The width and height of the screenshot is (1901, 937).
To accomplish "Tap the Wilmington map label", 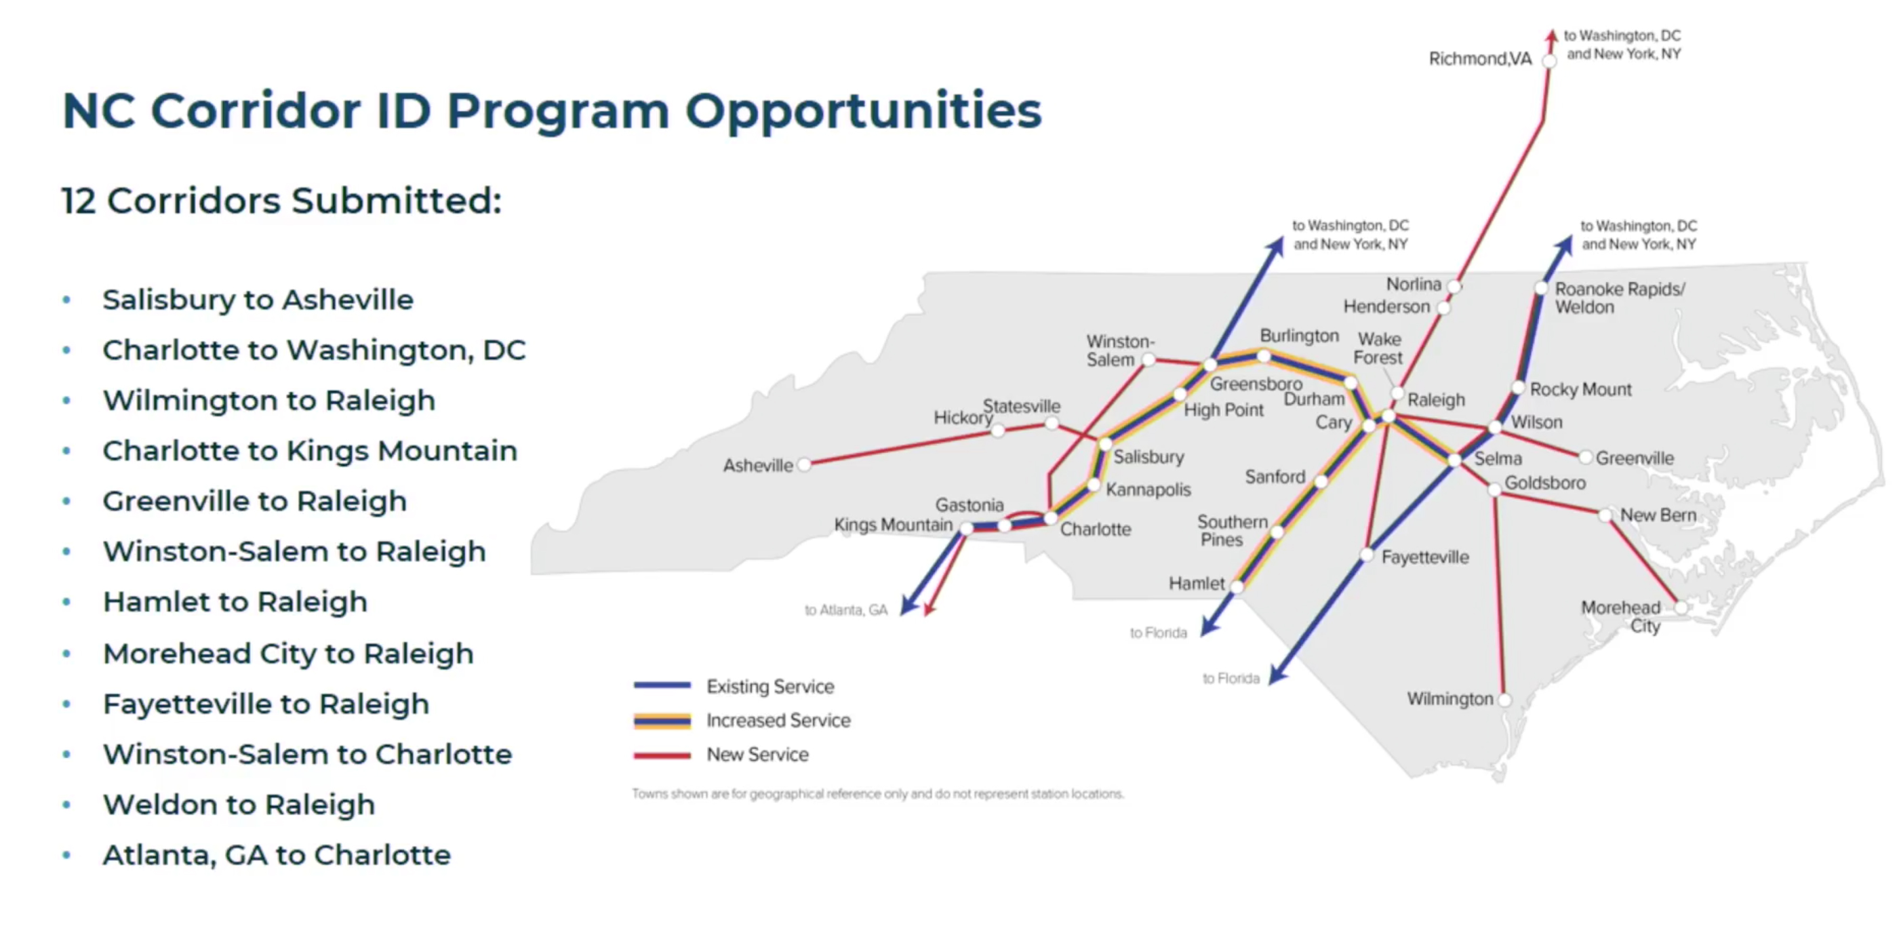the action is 1449,699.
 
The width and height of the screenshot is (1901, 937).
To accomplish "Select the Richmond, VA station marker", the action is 1549,61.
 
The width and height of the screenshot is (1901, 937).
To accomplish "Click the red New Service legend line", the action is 662,755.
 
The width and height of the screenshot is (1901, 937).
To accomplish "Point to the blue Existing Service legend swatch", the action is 662,685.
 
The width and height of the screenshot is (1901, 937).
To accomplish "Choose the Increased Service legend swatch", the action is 662,720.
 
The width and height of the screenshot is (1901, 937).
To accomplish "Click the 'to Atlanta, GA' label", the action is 845,610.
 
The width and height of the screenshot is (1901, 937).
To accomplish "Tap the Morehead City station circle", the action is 1681,607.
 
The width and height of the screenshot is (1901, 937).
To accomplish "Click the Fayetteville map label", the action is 1425,557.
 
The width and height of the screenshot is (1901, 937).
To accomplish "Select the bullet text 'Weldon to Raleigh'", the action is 239,804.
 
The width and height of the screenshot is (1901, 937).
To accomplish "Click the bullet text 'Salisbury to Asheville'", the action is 258,300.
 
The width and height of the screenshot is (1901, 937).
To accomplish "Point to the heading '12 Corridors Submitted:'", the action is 282,201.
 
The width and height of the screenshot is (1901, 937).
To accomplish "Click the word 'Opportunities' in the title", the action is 864,111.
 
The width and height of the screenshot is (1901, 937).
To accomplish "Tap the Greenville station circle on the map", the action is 1584,458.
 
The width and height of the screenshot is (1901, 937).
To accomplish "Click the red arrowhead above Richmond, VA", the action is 1552,35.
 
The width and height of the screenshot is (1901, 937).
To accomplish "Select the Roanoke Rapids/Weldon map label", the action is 1620,298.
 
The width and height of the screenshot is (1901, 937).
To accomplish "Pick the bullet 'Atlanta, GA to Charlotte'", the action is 277,854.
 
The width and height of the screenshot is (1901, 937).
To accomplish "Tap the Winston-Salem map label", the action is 1120,351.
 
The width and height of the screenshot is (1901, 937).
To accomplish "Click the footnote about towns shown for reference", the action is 878,794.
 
